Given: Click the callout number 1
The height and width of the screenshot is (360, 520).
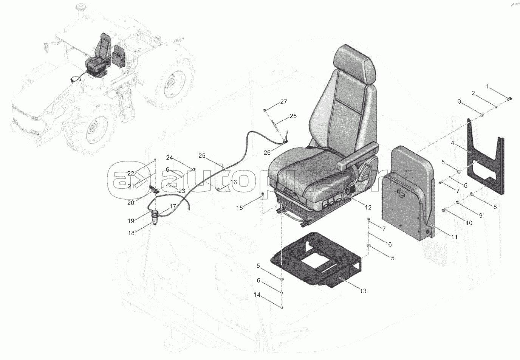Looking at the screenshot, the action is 487,87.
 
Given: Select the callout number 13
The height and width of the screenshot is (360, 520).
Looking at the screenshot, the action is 363,291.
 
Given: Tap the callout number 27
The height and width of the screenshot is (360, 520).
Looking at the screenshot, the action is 283,102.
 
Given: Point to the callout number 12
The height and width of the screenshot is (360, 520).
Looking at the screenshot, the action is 368,207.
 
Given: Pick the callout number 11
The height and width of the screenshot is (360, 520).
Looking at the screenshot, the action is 454,237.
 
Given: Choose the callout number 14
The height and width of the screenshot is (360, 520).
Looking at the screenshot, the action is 257,295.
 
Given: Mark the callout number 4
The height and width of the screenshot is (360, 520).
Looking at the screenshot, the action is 452,143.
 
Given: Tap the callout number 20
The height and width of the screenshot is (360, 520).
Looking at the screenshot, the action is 131,203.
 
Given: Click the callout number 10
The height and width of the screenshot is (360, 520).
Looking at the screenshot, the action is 469,223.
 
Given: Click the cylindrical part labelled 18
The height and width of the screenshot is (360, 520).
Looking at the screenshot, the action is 155,217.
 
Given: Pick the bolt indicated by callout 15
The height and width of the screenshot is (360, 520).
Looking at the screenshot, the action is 263,196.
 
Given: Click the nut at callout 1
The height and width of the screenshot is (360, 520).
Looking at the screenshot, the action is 510,99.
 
